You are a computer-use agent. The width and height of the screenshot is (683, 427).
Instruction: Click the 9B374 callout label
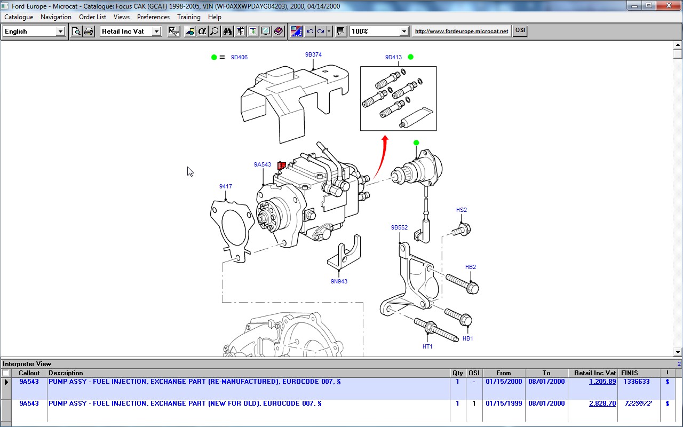pyautogui.click(x=313, y=54)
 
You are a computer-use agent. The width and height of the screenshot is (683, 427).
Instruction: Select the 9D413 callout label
pyautogui.click(x=393, y=57)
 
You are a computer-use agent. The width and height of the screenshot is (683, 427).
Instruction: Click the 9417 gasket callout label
pyautogui.click(x=225, y=186)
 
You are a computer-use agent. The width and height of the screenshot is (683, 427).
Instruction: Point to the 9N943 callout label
pyautogui.click(x=339, y=281)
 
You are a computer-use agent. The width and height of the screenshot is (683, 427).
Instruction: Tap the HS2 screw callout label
pyautogui.click(x=462, y=210)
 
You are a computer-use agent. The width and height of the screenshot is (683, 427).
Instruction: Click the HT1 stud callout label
pyautogui.click(x=427, y=346)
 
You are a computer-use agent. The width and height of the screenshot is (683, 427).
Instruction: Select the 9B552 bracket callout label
pyautogui.click(x=399, y=227)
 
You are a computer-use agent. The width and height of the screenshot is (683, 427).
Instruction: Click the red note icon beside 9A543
pyautogui.click(x=281, y=165)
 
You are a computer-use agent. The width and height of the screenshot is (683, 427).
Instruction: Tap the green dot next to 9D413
pyautogui.click(x=411, y=57)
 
